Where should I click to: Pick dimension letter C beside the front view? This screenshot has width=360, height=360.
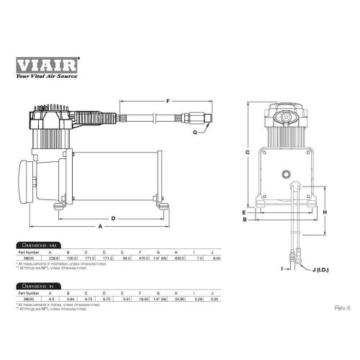coord(247,153)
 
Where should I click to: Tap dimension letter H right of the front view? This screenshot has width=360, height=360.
coord(325,212)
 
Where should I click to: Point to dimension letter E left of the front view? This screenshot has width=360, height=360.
coord(245,213)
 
